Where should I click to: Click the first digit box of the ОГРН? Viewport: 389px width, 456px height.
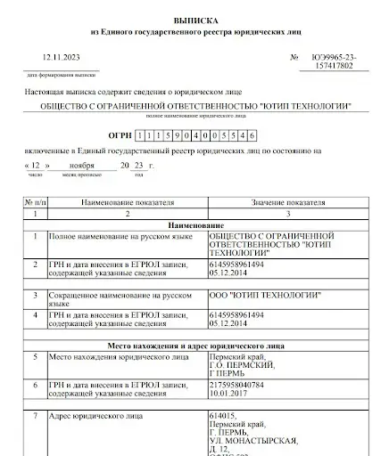(x=139, y=134)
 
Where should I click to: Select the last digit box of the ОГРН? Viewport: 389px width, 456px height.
(x=253, y=134)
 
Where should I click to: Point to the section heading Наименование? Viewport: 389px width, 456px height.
(x=192, y=225)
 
